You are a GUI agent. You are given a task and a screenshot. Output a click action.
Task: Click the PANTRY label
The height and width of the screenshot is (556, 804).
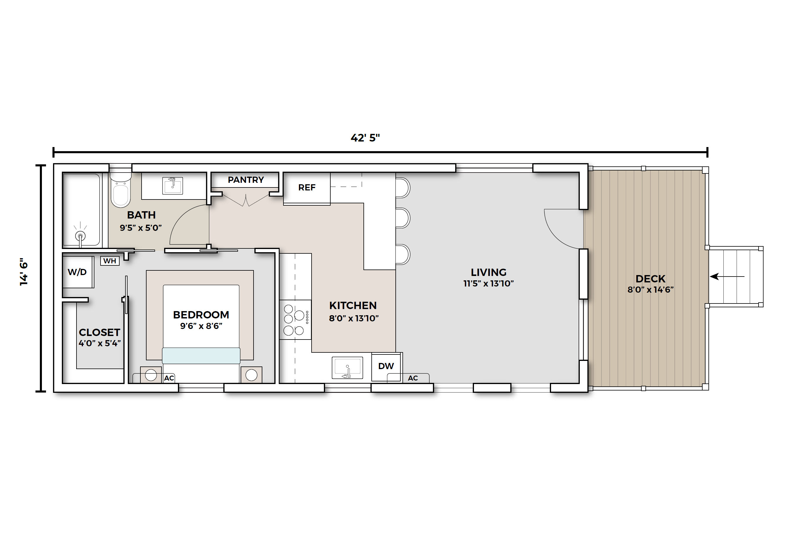(246, 180)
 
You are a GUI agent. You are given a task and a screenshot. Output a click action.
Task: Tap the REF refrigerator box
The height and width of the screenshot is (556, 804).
(307, 188)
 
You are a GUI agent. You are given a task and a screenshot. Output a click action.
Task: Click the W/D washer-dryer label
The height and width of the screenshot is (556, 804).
(77, 272)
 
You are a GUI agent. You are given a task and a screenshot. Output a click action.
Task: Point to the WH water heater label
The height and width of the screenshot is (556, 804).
(110, 261)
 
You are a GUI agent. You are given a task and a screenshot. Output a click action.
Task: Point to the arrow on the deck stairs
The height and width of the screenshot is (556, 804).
(727, 277)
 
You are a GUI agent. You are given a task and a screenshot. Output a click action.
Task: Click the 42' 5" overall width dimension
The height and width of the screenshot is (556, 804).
(365, 138)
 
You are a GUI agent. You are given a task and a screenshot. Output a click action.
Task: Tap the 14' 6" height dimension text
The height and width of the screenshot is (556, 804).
(24, 272)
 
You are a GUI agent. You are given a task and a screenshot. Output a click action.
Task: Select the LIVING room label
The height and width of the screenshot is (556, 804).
(489, 272)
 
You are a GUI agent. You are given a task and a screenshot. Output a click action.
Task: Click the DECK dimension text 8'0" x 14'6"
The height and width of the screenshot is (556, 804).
(651, 289)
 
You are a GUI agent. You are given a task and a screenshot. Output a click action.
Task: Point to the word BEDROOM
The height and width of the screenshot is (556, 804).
(201, 315)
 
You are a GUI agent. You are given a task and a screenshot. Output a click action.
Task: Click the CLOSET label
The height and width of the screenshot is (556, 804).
(100, 332)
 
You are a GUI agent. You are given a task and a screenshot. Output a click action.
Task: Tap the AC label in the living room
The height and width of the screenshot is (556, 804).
(413, 378)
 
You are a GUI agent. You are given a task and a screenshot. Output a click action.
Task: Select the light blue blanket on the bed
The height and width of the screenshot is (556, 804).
(201, 356)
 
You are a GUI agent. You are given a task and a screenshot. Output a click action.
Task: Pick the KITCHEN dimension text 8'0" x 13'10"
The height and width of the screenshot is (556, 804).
(354, 318)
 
